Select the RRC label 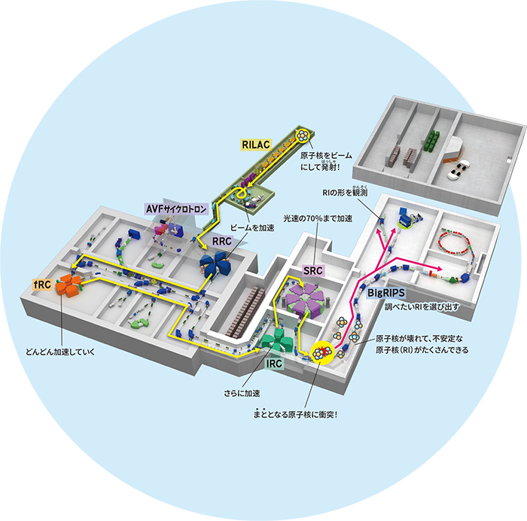coord(224,241)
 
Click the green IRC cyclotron coord(278,338)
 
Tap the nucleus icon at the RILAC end coord(303,136)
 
